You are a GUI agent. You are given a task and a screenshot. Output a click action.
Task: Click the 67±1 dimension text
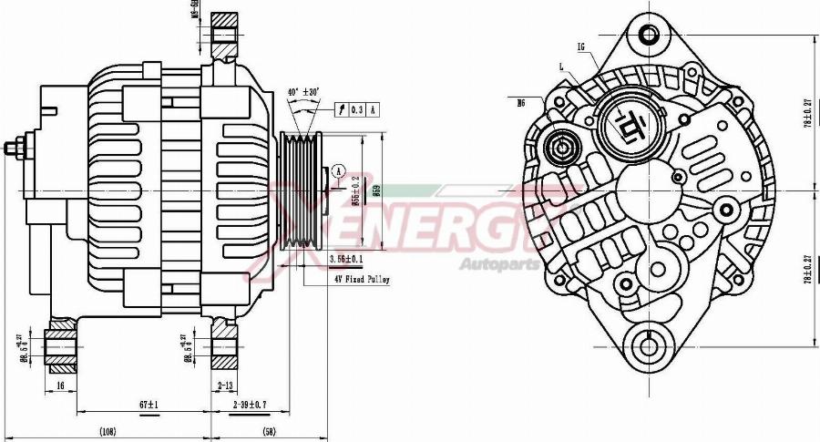click(149, 404)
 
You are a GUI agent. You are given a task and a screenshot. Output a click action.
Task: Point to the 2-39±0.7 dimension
click(251, 404)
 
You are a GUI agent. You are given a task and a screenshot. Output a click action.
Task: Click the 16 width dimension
click(60, 386)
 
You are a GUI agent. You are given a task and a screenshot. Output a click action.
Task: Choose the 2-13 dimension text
click(225, 386)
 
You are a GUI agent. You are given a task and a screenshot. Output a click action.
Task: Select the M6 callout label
click(521, 103)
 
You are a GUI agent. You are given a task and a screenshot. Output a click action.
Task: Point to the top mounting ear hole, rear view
click(649, 36)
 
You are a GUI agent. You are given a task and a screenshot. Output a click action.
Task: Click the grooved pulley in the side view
click(301, 191)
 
